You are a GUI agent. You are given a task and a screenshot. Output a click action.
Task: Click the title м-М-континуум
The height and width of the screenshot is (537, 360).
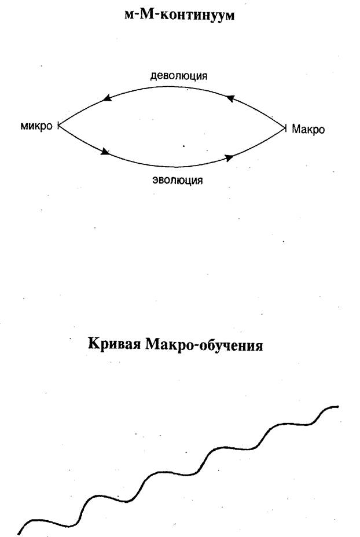click(x=179, y=15)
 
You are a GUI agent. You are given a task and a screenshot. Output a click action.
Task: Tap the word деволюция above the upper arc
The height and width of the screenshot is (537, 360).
click(x=179, y=76)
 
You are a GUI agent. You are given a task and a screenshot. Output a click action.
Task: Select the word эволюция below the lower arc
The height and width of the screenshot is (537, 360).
click(x=178, y=180)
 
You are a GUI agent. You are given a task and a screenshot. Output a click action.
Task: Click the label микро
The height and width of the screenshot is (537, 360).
click(x=36, y=126)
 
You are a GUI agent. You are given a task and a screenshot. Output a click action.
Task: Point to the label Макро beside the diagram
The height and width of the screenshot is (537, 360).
click(x=308, y=129)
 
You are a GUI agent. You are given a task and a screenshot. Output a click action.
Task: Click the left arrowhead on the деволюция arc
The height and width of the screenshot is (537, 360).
click(x=108, y=98)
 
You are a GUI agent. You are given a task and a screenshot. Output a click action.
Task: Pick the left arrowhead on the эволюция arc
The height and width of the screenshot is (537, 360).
click(x=105, y=152)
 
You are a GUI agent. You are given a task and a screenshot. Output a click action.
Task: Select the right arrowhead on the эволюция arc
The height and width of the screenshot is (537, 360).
click(x=229, y=157)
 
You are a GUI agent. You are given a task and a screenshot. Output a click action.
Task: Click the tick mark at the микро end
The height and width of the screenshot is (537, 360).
click(x=58, y=126)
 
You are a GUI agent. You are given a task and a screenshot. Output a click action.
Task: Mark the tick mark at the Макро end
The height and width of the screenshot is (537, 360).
click(x=285, y=128)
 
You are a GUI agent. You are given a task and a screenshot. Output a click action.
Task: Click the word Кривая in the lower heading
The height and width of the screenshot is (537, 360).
click(x=114, y=344)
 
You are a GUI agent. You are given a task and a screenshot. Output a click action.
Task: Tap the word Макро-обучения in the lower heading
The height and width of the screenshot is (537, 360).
click(x=204, y=345)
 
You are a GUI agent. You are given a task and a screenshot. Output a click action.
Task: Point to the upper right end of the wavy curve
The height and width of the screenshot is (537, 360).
click(x=338, y=407)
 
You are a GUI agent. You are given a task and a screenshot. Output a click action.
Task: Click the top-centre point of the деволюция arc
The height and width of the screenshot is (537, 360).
click(x=171, y=87)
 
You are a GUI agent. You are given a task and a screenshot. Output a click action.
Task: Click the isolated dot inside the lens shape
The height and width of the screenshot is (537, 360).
click(x=183, y=146)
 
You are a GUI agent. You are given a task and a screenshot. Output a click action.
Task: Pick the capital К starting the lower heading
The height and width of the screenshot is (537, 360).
click(x=94, y=344)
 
